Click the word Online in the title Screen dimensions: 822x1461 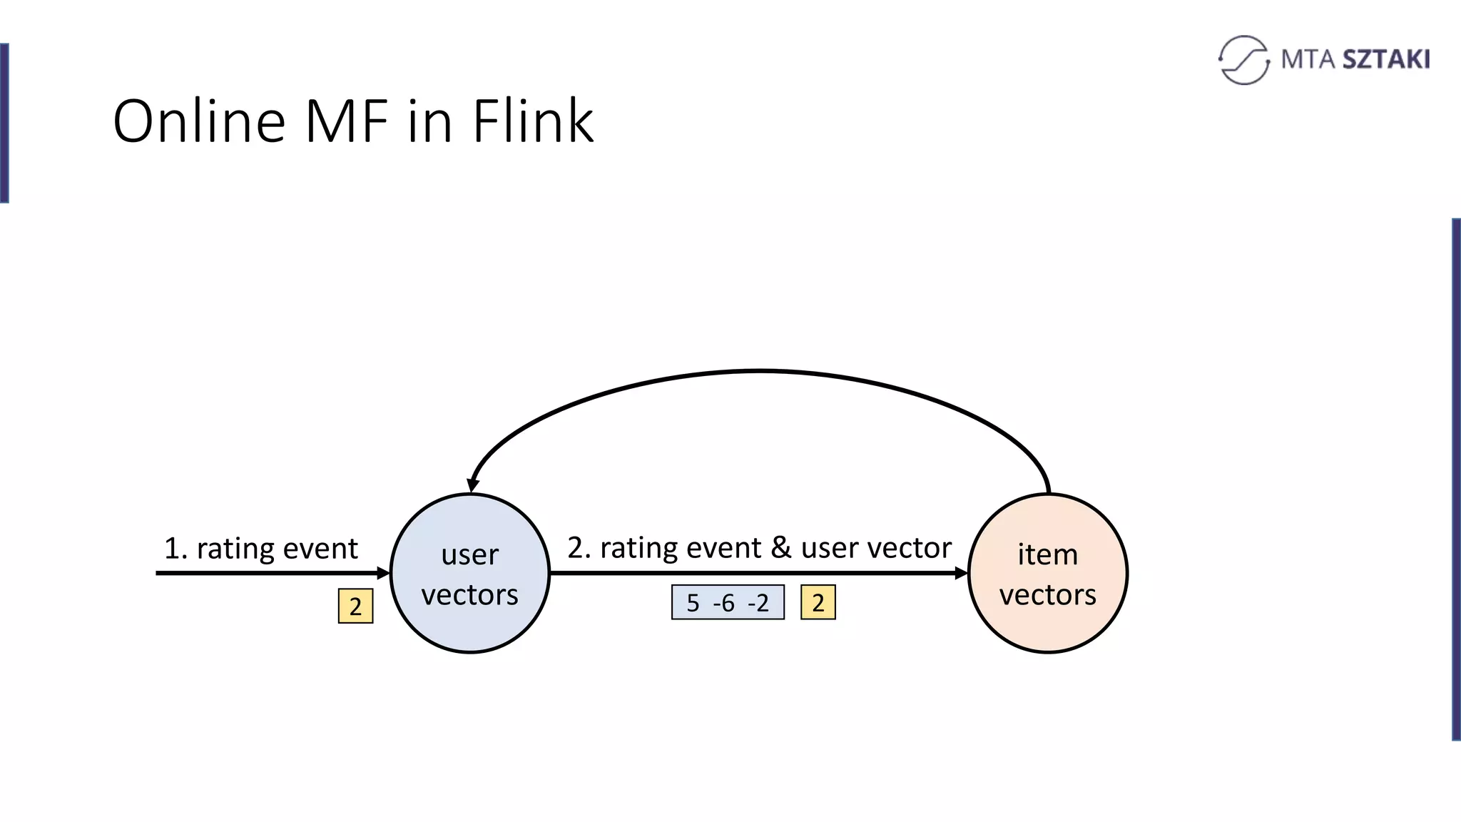199,121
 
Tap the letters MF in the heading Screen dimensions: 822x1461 347,121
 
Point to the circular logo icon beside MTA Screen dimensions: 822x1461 1243,60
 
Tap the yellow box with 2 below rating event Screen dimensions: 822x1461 355,607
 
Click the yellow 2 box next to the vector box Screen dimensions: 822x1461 818,603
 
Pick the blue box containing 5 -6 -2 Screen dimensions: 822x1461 728,603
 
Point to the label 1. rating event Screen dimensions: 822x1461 260,549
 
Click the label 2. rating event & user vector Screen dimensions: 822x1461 759,548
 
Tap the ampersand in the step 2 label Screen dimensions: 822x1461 781,548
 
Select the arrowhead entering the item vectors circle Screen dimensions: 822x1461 960,573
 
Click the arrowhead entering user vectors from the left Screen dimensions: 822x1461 383,573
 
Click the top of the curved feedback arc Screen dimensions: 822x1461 760,371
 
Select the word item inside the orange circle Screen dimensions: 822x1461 1047,554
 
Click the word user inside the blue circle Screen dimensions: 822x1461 469,554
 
